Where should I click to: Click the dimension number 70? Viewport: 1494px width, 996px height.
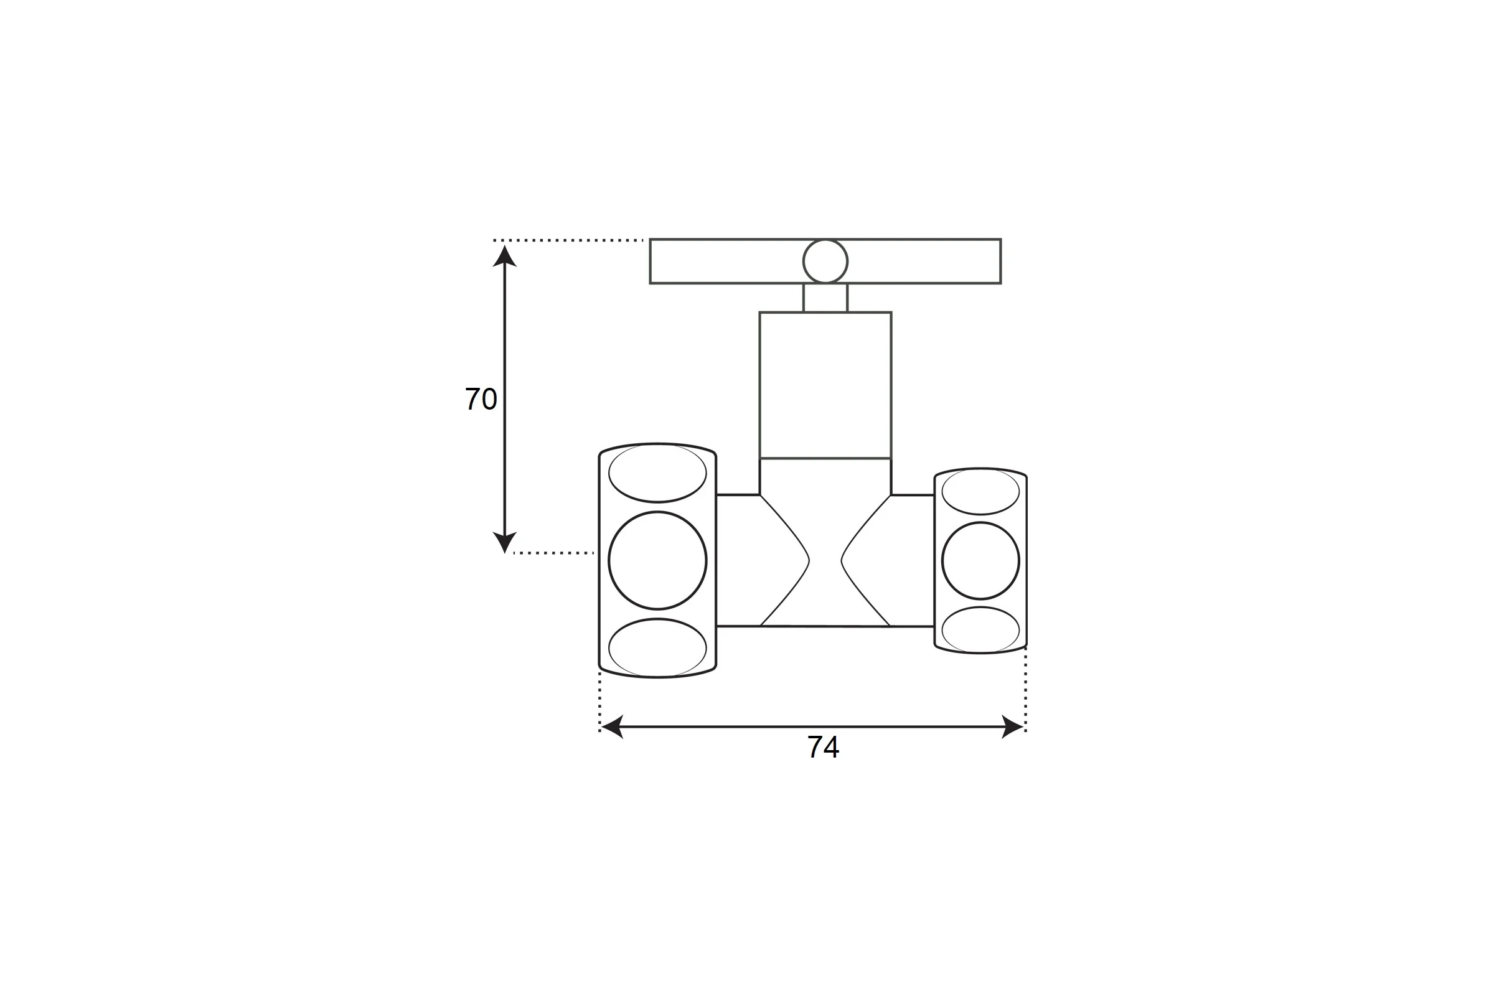(x=481, y=399)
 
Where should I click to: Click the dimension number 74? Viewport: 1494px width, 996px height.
(x=823, y=746)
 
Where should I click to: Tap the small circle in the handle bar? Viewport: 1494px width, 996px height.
(x=825, y=261)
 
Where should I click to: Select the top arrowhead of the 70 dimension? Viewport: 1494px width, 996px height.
(x=504, y=256)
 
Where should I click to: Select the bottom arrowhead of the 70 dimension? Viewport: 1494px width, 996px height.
(x=504, y=542)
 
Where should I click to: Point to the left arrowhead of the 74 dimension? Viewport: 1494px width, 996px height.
(x=613, y=726)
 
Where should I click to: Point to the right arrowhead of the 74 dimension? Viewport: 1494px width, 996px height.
(x=1013, y=726)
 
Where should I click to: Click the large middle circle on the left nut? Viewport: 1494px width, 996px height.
(x=657, y=560)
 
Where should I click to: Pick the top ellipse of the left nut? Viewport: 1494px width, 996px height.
(x=657, y=472)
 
